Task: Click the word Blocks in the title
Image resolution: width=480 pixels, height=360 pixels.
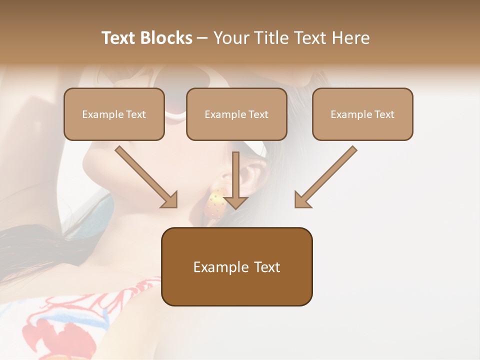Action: coord(166,38)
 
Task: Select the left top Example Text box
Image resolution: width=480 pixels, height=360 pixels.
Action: coord(114,114)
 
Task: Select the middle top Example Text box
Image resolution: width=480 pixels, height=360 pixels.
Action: coord(236,114)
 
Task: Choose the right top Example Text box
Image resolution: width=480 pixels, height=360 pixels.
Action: coord(362,114)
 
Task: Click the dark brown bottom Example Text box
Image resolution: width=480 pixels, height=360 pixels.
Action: coord(236,266)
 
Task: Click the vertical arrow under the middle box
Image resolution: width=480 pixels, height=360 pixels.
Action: coord(236,177)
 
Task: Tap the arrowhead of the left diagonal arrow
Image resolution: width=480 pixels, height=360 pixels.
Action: coord(170,199)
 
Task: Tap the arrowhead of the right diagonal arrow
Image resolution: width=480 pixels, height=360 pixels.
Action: coord(302,199)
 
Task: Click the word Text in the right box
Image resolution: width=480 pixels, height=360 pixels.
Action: coord(384,114)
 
